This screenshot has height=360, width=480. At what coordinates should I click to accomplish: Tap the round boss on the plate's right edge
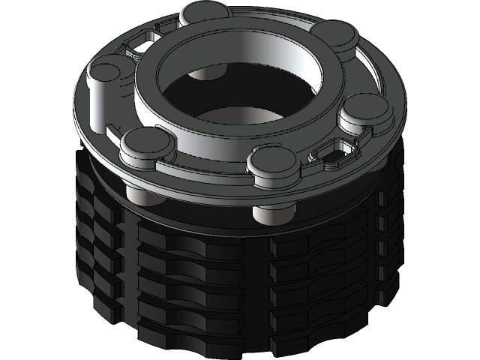365,112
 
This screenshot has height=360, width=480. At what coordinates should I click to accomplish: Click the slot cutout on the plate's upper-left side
139,45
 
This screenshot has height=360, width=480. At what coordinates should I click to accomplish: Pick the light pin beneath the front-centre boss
271,213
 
